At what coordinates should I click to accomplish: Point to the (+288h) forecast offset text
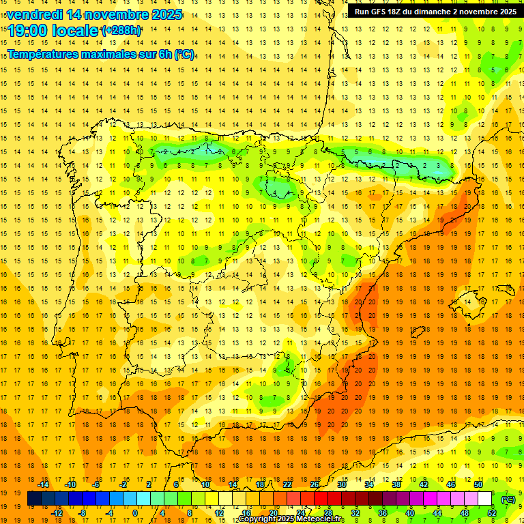(x=121, y=31)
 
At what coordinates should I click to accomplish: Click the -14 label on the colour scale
(x=43, y=484)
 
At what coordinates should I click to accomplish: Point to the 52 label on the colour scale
(x=492, y=512)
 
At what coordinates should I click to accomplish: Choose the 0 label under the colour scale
(x=134, y=512)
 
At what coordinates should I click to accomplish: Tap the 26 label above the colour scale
(x=315, y=484)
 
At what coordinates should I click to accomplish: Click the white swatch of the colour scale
(x=485, y=499)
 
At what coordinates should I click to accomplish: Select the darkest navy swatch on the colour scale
(x=34, y=499)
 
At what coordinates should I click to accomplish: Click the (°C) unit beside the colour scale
(x=508, y=499)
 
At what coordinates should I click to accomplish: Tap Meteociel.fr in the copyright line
(x=317, y=519)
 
